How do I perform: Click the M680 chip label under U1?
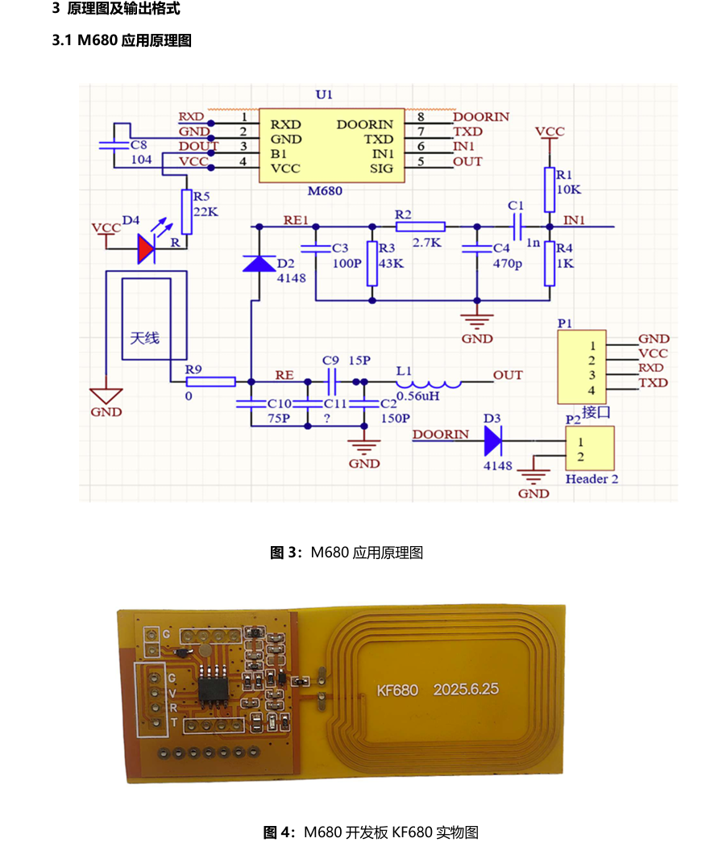(x=325, y=191)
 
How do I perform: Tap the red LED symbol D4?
(x=146, y=248)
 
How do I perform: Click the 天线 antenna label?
(x=145, y=338)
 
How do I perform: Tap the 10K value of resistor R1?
(x=568, y=189)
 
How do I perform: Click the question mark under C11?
(x=326, y=418)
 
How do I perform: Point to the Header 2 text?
(x=592, y=479)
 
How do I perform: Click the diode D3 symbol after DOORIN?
(x=492, y=440)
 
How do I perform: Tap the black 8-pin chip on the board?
(x=212, y=689)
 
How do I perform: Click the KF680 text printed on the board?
(x=397, y=690)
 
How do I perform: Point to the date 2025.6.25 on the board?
(x=466, y=690)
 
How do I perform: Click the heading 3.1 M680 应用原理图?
(x=122, y=40)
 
